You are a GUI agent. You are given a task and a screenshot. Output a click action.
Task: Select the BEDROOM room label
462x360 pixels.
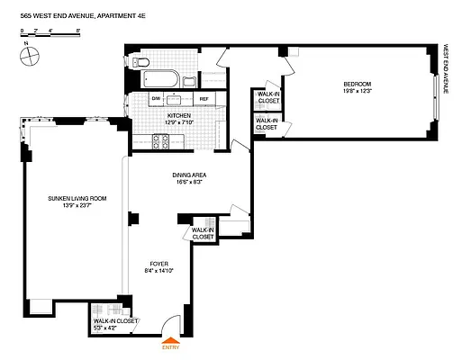tap(356, 84)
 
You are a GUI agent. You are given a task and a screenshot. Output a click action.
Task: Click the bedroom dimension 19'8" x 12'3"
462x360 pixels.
tap(356, 91)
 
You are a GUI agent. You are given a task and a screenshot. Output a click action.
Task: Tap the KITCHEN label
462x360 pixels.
tap(180, 117)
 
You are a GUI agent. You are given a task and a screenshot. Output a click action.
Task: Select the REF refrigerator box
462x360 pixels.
tap(204, 98)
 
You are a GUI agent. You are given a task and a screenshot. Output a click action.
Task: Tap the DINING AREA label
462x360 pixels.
tap(191, 176)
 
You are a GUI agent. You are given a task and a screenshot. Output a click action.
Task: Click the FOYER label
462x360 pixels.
tap(159, 264)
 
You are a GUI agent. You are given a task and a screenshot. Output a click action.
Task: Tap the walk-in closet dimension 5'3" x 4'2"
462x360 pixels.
tap(114, 328)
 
